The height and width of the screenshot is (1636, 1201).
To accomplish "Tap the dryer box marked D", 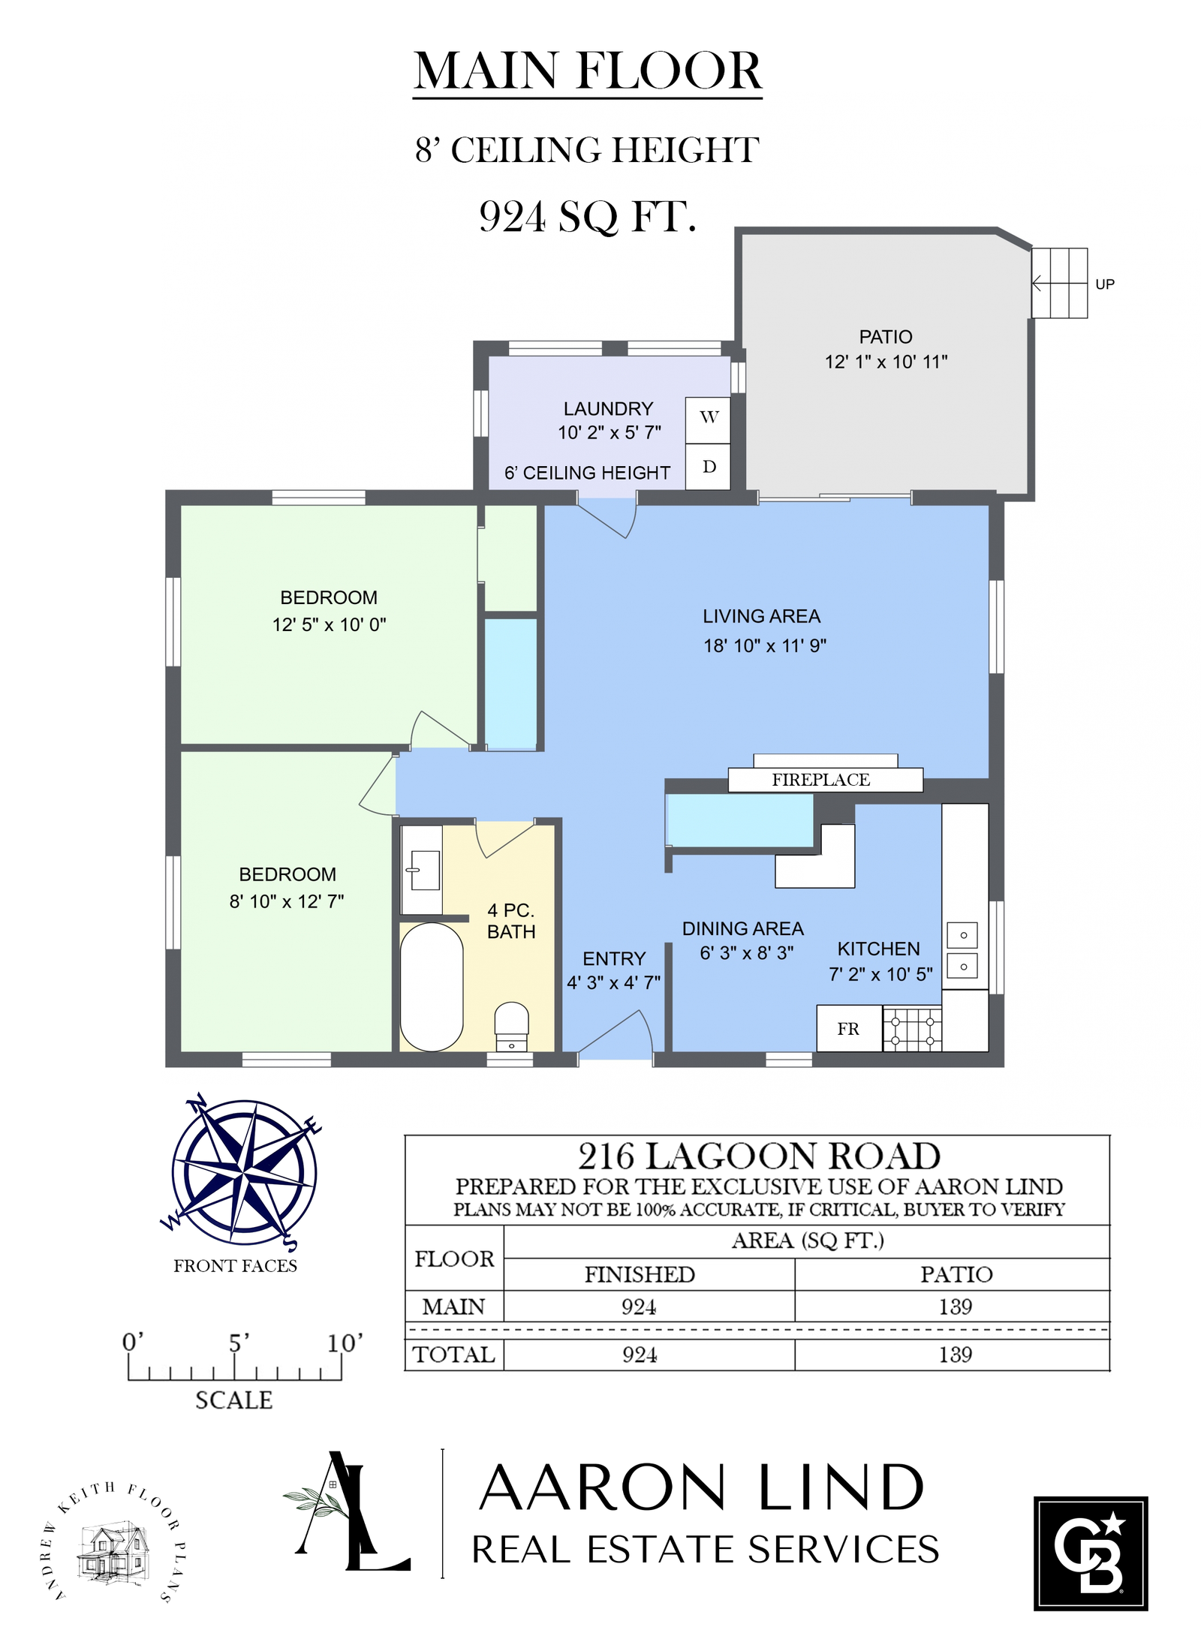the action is pyautogui.click(x=708, y=467).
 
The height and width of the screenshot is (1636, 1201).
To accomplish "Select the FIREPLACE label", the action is pyautogui.click(x=821, y=780).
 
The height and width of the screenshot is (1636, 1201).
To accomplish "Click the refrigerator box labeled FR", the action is pyautogui.click(x=849, y=1029).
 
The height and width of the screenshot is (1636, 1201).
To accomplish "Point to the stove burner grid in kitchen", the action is pyautogui.click(x=912, y=1029).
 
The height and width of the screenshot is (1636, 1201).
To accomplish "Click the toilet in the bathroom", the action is pyautogui.click(x=512, y=1027).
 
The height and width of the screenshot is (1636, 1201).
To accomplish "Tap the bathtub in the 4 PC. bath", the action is pyautogui.click(x=432, y=987).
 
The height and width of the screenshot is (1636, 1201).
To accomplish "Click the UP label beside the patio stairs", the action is pyautogui.click(x=1105, y=284).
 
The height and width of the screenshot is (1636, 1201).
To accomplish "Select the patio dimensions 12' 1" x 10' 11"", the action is pyautogui.click(x=886, y=362).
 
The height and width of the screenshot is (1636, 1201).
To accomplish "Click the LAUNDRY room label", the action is pyautogui.click(x=608, y=409).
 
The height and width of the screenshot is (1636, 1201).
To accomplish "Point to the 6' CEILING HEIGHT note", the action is pyautogui.click(x=587, y=473).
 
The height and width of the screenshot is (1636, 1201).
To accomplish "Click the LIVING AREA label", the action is pyautogui.click(x=761, y=616).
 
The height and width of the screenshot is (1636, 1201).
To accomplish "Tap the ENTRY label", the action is pyautogui.click(x=614, y=958).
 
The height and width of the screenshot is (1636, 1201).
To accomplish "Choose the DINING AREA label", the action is pyautogui.click(x=742, y=928).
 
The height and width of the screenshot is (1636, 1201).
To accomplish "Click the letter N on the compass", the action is pyautogui.click(x=197, y=1103).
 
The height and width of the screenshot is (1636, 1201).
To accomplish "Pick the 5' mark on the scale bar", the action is pyautogui.click(x=239, y=1343).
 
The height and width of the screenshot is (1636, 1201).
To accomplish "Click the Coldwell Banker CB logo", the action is pyautogui.click(x=1091, y=1553).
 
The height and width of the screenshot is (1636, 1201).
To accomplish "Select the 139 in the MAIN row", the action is pyautogui.click(x=955, y=1307).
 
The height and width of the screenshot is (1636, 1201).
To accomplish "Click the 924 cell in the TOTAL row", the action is pyautogui.click(x=640, y=1355).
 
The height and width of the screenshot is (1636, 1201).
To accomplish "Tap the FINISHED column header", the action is pyautogui.click(x=640, y=1274).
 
